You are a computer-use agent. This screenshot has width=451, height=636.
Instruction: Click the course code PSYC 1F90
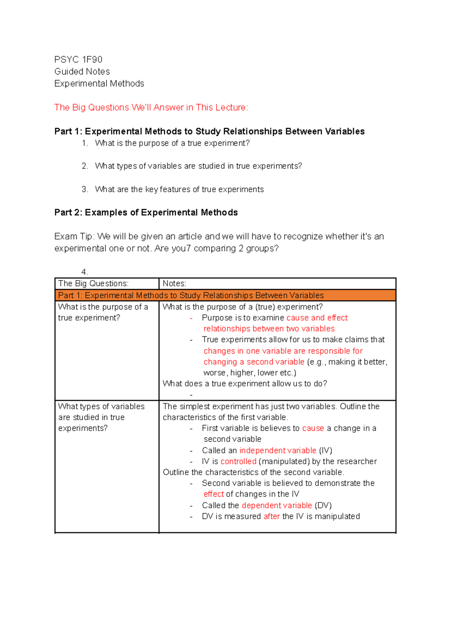coord(78,60)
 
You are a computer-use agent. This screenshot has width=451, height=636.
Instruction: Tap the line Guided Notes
coord(82,72)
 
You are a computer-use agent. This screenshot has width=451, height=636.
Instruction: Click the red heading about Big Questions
coord(151,107)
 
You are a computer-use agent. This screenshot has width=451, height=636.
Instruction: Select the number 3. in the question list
coord(85,190)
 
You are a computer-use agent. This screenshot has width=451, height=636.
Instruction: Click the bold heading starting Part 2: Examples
coord(146,213)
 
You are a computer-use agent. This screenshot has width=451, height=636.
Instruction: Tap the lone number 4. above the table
coord(84,272)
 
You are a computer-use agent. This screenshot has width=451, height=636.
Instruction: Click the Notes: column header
coord(174,283)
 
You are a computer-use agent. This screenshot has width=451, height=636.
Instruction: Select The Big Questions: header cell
coord(93,283)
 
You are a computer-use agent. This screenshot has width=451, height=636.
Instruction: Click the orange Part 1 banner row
coord(225,295)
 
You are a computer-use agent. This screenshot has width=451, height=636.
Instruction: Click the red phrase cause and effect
coord(317,318)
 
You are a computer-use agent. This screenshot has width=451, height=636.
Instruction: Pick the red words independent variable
coord(278,451)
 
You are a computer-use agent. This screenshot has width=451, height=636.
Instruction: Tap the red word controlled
coord(238,461)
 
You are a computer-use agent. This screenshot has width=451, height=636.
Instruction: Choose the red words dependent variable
coord(277,505)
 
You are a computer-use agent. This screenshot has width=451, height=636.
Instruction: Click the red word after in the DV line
coord(272,517)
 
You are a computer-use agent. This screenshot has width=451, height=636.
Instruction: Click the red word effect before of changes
coord(213,494)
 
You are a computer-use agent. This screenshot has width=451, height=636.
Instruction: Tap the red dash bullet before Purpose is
coord(191,318)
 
